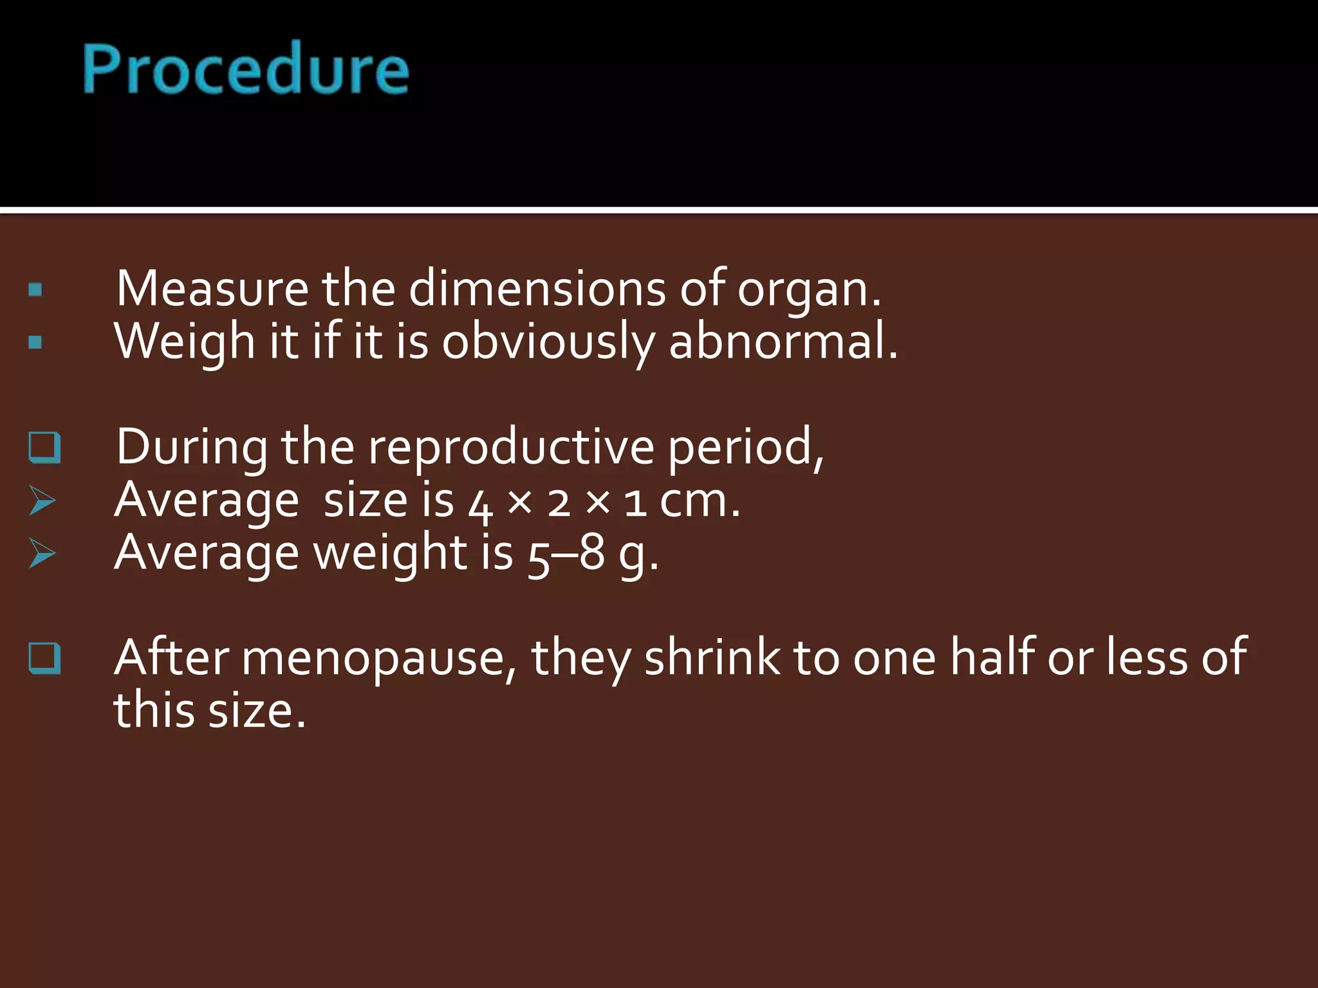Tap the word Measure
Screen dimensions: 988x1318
click(x=212, y=289)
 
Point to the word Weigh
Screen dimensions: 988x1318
click(x=185, y=342)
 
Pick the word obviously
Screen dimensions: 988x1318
click(x=548, y=342)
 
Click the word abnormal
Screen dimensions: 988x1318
click(x=782, y=341)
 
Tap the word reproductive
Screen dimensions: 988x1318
click(x=510, y=447)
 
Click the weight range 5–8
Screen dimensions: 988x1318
click(x=566, y=554)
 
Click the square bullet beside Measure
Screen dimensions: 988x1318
click(x=35, y=289)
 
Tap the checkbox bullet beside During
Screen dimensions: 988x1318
click(x=44, y=448)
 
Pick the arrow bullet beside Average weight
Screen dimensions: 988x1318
click(x=42, y=553)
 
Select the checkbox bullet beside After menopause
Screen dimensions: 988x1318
click(x=44, y=658)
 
